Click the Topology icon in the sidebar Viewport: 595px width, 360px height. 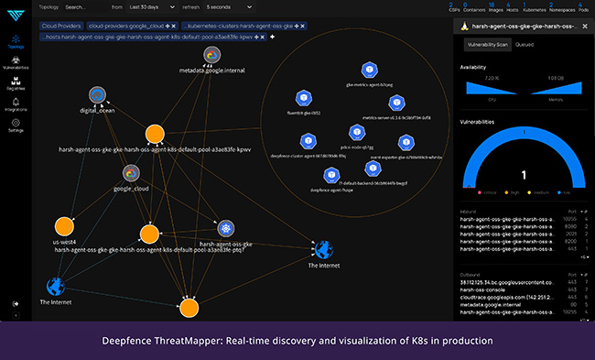[x=16, y=41]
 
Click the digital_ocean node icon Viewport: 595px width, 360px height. [x=97, y=95]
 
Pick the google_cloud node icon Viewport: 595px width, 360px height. [x=132, y=173]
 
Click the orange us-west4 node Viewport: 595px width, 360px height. [x=64, y=226]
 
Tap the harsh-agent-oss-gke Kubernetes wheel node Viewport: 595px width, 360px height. [x=225, y=229]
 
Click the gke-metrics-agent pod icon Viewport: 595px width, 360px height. [x=369, y=71]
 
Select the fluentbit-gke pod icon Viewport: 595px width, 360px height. [x=302, y=99]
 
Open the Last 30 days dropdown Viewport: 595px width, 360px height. [x=151, y=6]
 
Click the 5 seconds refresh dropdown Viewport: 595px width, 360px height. [x=229, y=6]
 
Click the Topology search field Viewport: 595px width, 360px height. [x=88, y=6]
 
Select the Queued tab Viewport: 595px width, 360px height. [x=525, y=44]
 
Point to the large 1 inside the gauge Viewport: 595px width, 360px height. [x=523, y=174]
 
